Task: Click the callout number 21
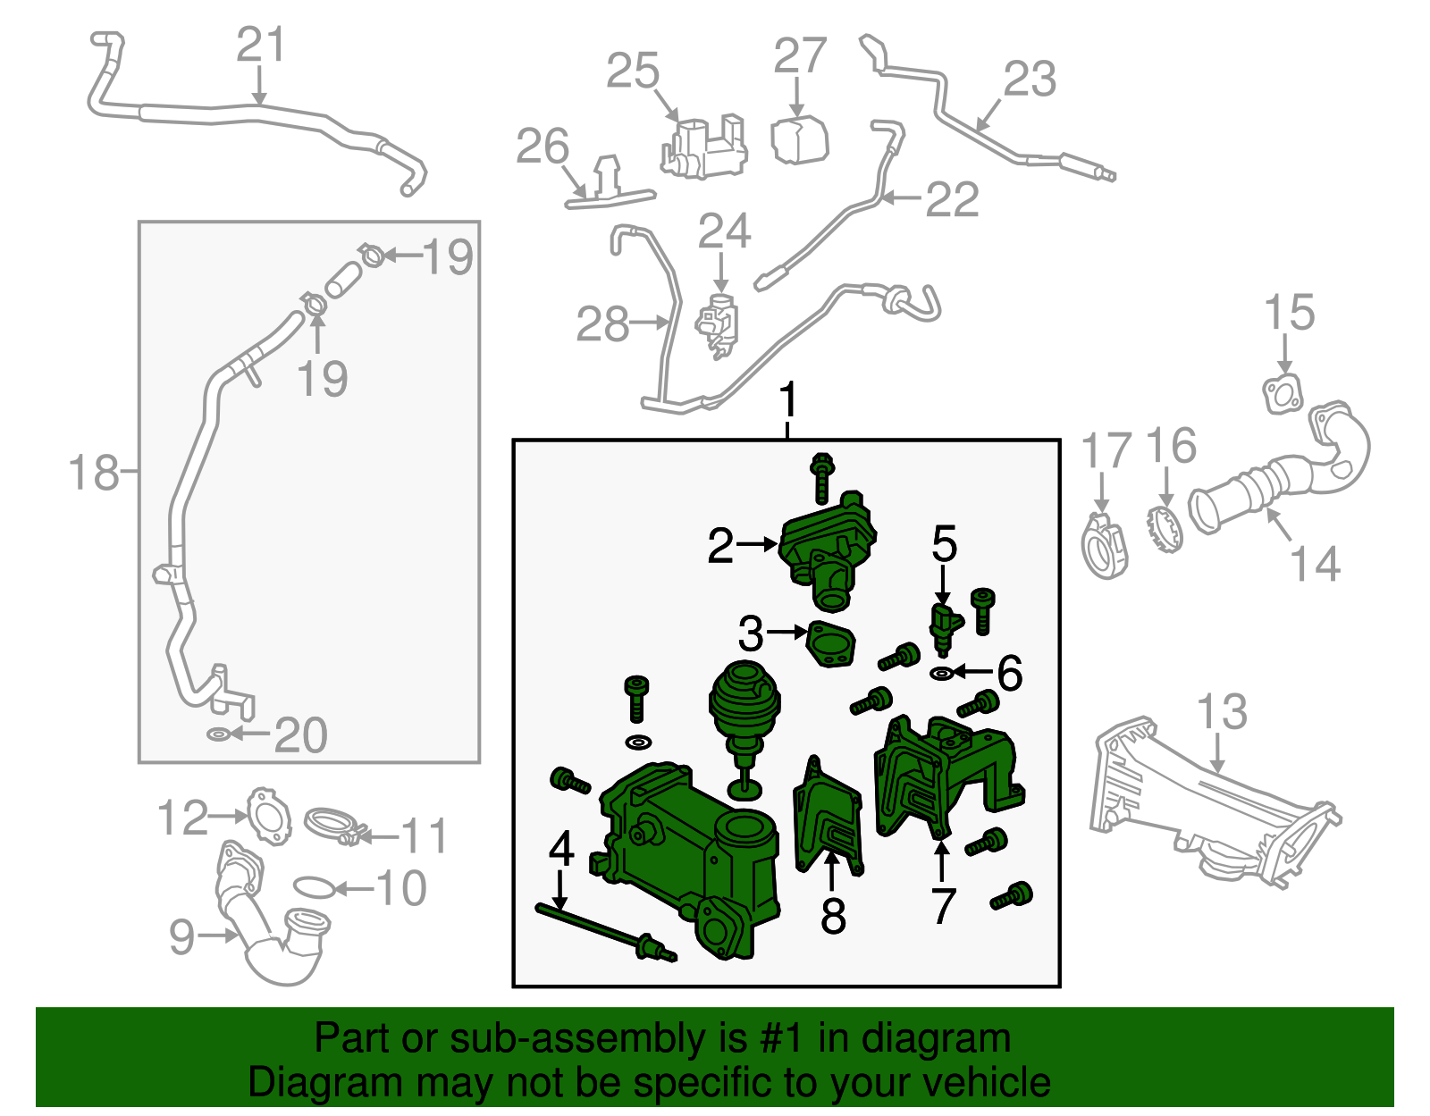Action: pos(261,45)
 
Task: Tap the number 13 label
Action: pos(1222,711)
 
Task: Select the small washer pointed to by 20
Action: pos(217,734)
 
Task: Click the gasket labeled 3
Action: pos(831,644)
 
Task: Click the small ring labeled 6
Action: pos(942,674)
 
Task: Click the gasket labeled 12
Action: pos(268,816)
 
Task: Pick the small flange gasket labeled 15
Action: pos(1283,394)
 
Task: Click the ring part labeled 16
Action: pos(1165,529)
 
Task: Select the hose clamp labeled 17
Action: pos(1104,545)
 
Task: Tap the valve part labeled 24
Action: pos(718,326)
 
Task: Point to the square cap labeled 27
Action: pos(799,140)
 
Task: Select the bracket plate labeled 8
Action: pos(829,816)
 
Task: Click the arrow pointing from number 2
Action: pos(757,544)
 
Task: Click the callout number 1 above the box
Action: pos(787,399)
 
